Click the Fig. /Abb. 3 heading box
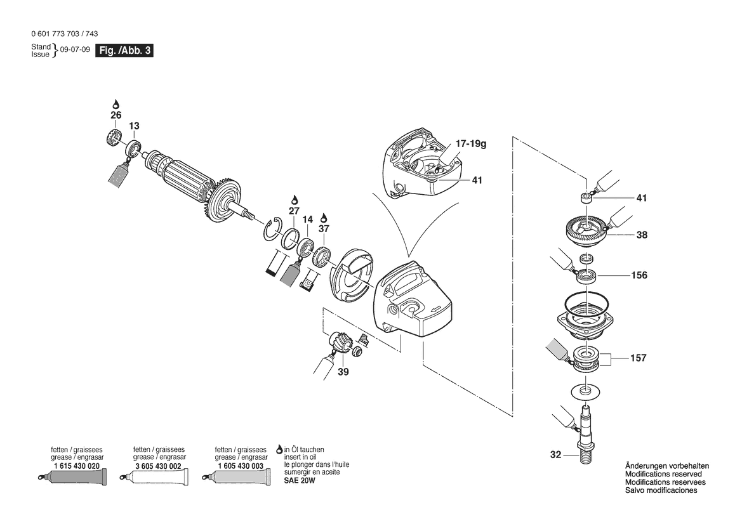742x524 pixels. (x=124, y=51)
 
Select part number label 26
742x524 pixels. (x=116, y=115)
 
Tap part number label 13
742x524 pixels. (x=135, y=126)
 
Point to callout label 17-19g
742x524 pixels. (x=470, y=145)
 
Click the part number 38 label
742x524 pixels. (x=642, y=234)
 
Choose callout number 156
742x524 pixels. (x=639, y=275)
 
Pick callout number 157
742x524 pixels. (x=639, y=358)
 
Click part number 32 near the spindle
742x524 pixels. (x=556, y=455)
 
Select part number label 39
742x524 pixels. (x=343, y=371)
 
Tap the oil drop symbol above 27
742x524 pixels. (x=294, y=199)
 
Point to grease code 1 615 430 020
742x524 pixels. (x=77, y=466)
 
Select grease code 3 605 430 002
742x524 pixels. (x=159, y=466)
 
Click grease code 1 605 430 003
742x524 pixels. (x=240, y=466)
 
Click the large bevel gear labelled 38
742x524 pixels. (x=585, y=229)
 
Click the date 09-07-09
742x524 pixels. (x=75, y=50)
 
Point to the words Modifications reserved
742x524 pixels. (x=663, y=475)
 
